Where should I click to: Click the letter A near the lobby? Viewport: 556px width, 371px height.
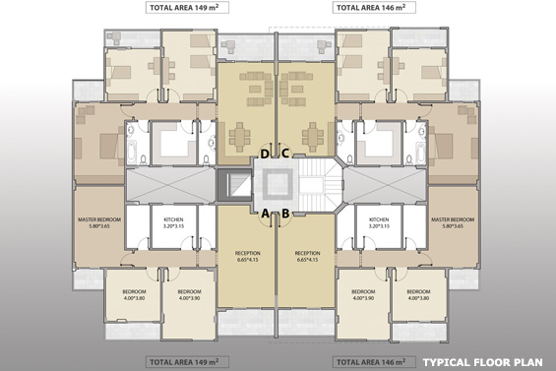266,212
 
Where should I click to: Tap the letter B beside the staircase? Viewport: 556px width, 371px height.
285,212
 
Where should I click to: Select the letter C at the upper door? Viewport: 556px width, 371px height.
285,154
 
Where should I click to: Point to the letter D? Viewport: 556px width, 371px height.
266,154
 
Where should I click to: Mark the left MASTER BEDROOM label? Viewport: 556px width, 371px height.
98,221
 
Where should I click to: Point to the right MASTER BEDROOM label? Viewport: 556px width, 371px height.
453,221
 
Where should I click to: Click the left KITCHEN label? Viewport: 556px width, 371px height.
173,221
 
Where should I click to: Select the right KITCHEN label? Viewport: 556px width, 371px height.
378,221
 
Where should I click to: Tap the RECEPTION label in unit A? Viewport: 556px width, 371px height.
247,256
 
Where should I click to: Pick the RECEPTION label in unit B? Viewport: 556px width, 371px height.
308,256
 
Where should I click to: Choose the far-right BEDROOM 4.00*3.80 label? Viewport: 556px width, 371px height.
419,295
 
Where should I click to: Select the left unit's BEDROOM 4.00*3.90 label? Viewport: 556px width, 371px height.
189,295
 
